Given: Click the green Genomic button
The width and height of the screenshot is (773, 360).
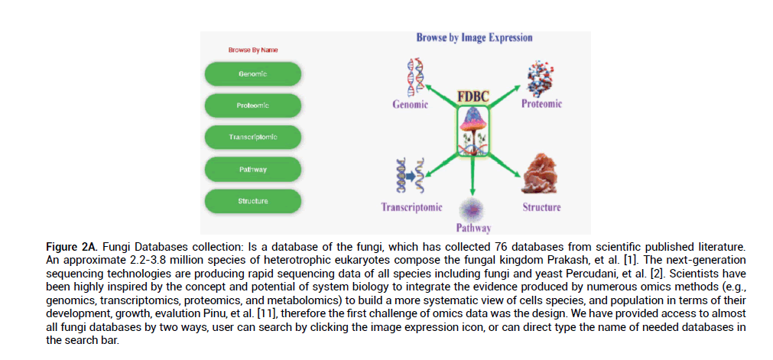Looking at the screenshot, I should pos(253,73).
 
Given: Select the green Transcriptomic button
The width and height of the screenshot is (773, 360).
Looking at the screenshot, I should pos(253,138).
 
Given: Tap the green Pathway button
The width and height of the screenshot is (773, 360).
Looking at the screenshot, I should pos(253,169).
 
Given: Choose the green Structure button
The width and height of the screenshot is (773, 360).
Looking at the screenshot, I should pos(253,201).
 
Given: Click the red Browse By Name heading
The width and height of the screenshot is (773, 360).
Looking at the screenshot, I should pos(253,50).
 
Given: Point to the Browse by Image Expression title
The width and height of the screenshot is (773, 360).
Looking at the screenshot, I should pos(474,37).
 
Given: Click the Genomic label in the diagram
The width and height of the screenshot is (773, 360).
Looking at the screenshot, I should pos(410,105).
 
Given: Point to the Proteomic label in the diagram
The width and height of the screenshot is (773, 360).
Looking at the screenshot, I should pos(541,104).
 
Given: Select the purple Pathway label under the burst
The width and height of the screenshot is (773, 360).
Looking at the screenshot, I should pos(473,228).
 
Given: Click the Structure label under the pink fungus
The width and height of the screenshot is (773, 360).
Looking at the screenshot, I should pos(541,207).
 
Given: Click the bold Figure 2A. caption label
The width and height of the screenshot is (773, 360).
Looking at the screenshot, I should pos(70,248).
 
